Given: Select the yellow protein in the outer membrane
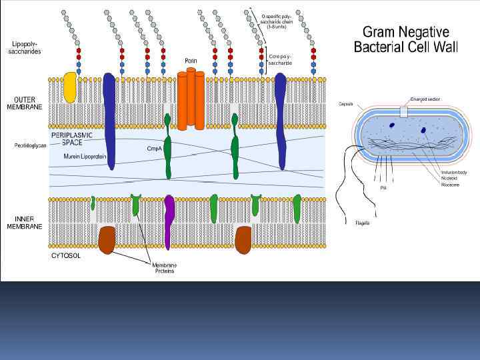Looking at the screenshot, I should coord(69,88).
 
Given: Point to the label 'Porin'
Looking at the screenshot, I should coord(191,61).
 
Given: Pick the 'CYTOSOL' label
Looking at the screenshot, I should coord(67,255).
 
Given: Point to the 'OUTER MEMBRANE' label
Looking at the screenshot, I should coord(25,103).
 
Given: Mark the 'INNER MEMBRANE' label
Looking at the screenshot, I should coord(25,223).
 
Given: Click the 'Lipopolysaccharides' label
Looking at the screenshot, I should coord(26,48).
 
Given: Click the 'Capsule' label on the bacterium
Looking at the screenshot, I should coord(345,105).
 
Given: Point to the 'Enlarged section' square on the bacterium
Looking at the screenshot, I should coord(404,111).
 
